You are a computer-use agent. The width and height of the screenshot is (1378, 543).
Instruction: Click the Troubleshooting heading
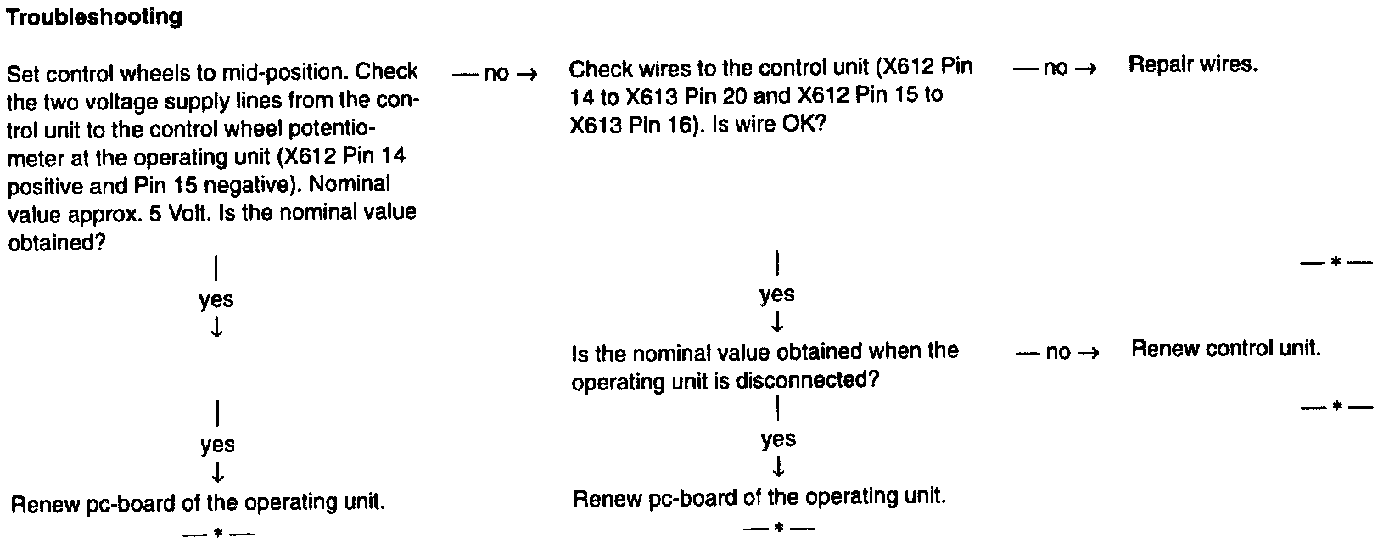93,17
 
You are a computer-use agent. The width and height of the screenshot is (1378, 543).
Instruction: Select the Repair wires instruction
1192,64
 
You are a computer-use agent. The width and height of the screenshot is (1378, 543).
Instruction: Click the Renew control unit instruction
1225,349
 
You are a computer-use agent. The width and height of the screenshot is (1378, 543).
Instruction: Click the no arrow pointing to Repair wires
1055,68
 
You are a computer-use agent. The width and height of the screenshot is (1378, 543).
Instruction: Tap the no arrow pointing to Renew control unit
1057,352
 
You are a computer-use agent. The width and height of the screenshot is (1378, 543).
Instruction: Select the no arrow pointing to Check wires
496,74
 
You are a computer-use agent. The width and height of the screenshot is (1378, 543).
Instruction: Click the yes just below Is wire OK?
776,294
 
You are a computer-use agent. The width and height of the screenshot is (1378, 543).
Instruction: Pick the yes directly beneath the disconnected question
777,439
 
